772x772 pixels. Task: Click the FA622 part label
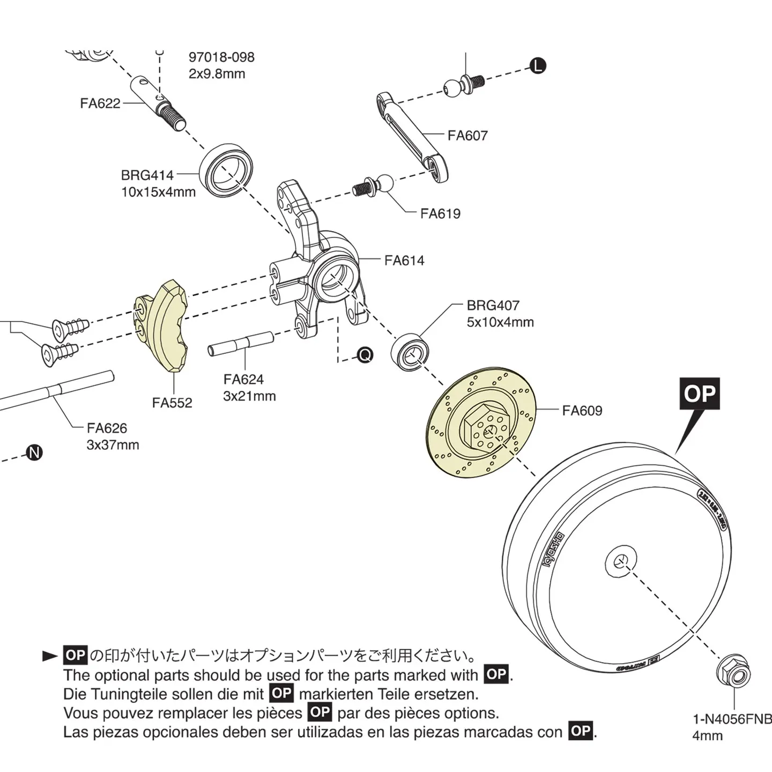coord(100,103)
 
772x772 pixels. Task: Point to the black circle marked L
coord(538,66)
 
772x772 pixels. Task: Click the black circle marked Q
coord(365,355)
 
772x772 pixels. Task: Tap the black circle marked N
coord(35,453)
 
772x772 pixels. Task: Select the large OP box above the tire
coord(700,394)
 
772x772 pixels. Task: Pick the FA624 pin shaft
coord(241,344)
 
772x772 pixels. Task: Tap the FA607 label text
coord(467,136)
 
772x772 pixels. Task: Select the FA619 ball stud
coord(375,186)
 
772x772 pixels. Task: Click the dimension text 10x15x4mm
coord(158,192)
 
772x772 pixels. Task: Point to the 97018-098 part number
coord(221,57)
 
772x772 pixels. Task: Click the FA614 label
coord(404,261)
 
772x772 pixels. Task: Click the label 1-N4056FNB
coord(732,719)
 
